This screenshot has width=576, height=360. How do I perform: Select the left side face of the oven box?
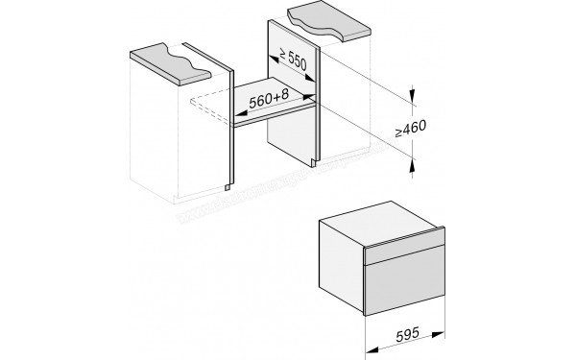pos(340,259)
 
